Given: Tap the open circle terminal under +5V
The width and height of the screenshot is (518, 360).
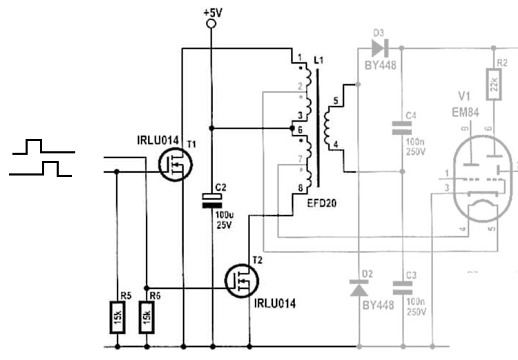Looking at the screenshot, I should [211, 24].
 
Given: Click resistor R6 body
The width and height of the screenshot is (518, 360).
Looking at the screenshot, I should [146, 316].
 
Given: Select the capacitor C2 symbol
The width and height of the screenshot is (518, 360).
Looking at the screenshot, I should [211, 200].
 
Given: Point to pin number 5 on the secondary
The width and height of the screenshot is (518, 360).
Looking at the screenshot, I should [336, 101].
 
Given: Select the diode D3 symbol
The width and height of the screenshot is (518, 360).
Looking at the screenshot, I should [378, 48].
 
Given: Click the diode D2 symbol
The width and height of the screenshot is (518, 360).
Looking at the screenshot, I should [359, 289].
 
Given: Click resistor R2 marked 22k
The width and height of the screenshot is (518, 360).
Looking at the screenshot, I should [493, 84].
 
